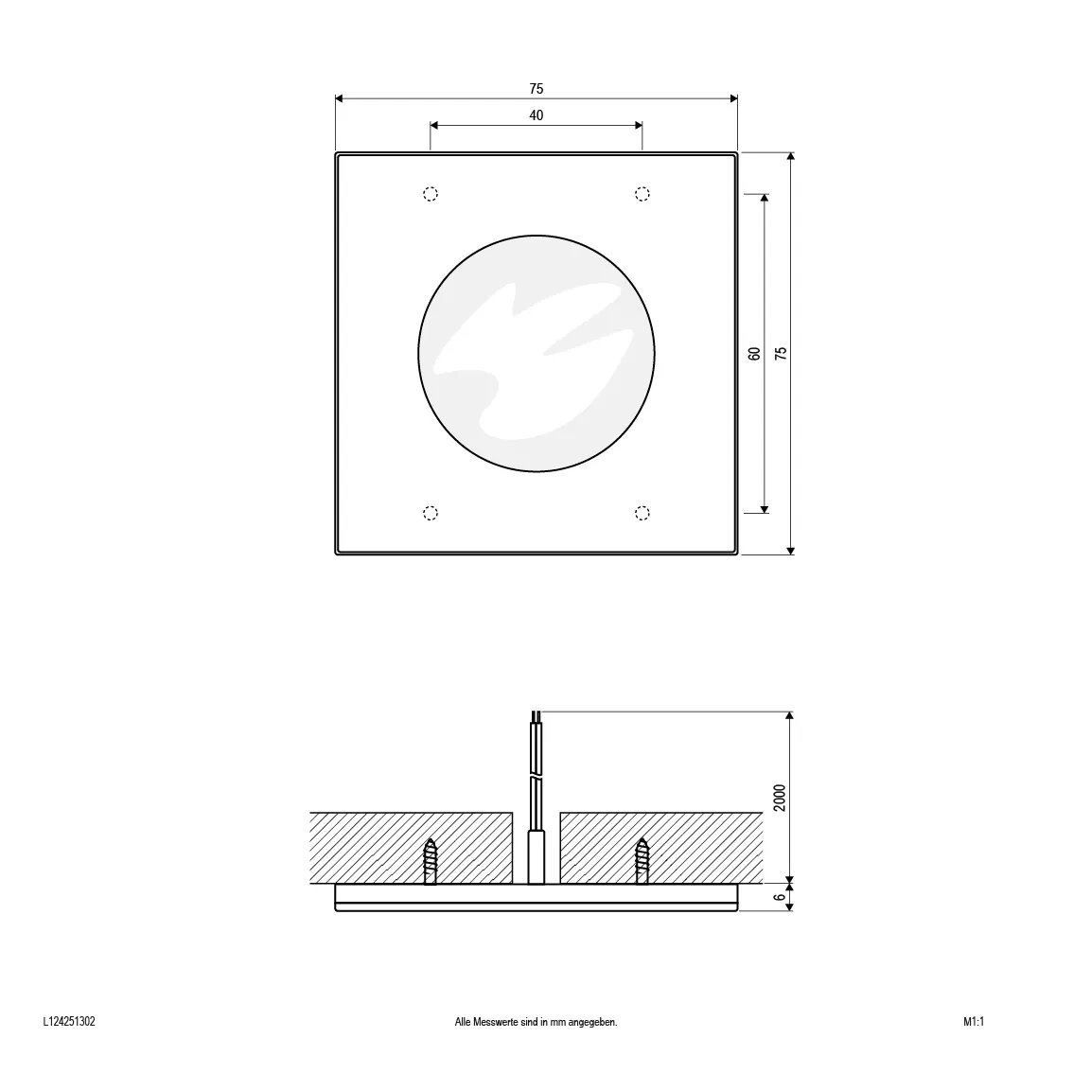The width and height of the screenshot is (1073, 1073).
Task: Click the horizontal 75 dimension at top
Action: (x=536, y=89)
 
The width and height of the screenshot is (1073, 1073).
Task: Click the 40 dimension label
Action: (x=536, y=115)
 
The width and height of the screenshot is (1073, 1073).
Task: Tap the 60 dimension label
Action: (x=754, y=353)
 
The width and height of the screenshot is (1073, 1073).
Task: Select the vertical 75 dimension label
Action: (x=781, y=353)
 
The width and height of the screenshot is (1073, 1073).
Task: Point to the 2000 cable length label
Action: (x=780, y=798)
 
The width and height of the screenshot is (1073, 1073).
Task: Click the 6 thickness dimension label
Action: (x=780, y=897)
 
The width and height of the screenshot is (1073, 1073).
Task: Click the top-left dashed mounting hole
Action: (x=430, y=194)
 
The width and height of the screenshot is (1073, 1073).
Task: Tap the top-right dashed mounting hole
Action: (x=642, y=194)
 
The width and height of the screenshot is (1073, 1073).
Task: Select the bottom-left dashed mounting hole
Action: (x=430, y=513)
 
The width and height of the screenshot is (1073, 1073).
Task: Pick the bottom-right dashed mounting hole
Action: (x=642, y=513)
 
